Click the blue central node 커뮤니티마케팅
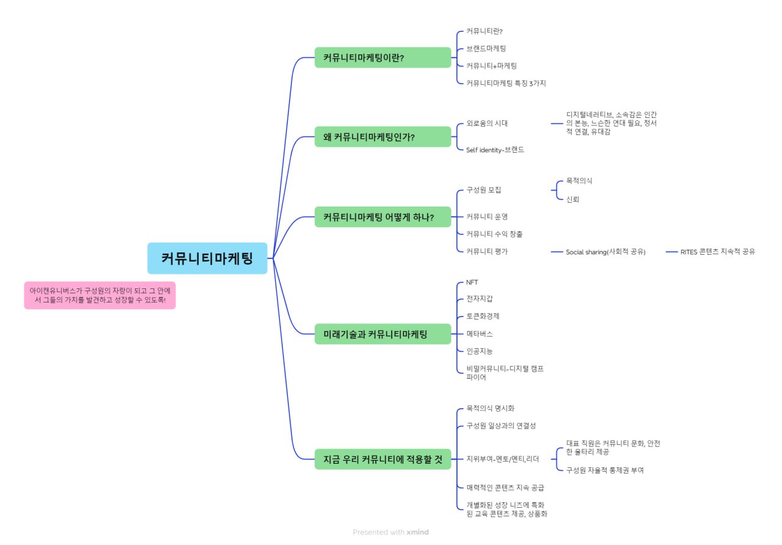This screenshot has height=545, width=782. [x=207, y=258]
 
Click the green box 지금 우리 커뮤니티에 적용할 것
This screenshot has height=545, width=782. [x=382, y=459]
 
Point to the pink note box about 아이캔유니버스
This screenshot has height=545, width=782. [x=100, y=295]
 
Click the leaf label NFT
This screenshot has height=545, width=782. [x=472, y=282]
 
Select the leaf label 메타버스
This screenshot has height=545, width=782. [x=480, y=334]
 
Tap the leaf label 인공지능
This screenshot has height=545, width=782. [x=480, y=351]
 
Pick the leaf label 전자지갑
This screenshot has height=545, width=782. [x=480, y=299]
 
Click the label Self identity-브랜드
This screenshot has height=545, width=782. [x=495, y=150]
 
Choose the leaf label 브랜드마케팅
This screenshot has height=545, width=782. [x=486, y=48]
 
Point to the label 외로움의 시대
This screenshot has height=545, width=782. [x=487, y=123]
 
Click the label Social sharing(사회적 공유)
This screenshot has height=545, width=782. [x=605, y=252]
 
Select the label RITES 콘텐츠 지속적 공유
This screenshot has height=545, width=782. [x=718, y=252]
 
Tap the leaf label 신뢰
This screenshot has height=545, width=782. [x=572, y=199]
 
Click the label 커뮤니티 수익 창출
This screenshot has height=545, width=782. [x=494, y=234]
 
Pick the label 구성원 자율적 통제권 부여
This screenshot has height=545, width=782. [x=605, y=470]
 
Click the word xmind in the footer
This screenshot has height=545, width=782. [x=418, y=532]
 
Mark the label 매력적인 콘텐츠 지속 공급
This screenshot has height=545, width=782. [x=505, y=488]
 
